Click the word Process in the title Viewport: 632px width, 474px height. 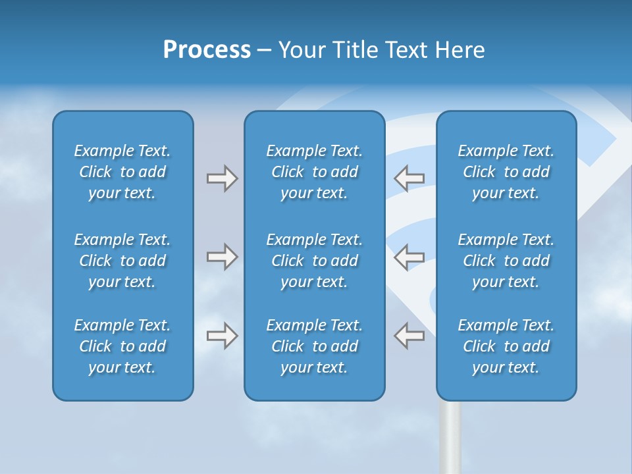[x=207, y=50]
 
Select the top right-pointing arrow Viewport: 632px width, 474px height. [x=222, y=178]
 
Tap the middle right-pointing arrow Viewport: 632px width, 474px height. [x=222, y=256]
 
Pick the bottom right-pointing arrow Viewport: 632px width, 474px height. [x=222, y=335]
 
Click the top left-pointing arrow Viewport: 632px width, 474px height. [x=409, y=177]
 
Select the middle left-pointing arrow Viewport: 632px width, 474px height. [x=409, y=256]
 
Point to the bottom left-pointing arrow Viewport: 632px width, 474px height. [x=409, y=335]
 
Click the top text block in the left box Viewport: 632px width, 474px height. [x=122, y=172]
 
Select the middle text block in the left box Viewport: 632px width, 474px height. [x=122, y=261]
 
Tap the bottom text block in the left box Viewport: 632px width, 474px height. [x=122, y=346]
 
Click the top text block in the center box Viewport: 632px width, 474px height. [x=314, y=172]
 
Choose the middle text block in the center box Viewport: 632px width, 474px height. [x=314, y=261]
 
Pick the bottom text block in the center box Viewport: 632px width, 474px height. [x=314, y=346]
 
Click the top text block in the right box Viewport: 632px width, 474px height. [x=506, y=172]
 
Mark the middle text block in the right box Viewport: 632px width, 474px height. [x=506, y=261]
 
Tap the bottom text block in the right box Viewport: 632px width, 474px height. [x=506, y=346]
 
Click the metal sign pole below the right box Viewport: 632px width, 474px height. [x=450, y=438]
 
